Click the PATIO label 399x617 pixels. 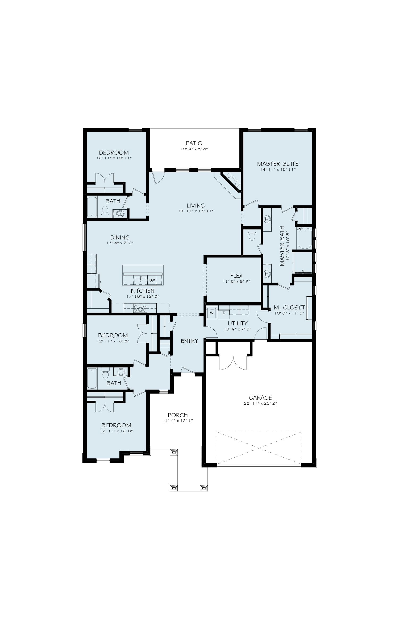pos(194,143)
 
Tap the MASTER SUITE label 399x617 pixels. pos(278,164)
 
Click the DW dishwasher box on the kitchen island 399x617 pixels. pos(152,280)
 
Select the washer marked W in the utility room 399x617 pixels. pos(212,313)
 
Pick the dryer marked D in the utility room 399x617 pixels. pos(224,313)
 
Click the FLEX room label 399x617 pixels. pos(236,276)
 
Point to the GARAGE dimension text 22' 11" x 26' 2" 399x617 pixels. pos(260,403)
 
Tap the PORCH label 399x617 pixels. pos(178,415)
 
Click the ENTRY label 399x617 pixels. pos(190,341)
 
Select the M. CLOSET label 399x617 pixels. pos(289,308)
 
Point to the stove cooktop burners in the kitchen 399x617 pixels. pos(140,309)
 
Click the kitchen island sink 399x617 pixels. pos(140,280)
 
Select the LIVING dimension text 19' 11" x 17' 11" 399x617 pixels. pos(196,211)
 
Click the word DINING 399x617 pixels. pos(120,237)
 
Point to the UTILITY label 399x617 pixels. pos(238,323)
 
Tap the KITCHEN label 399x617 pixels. pos(143,291)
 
